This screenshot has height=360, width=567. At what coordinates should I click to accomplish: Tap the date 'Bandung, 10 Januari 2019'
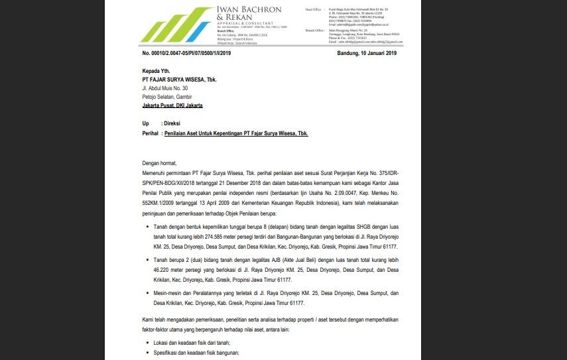(x=366, y=53)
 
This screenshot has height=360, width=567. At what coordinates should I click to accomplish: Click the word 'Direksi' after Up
(x=172, y=124)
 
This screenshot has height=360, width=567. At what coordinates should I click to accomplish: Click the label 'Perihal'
(x=151, y=133)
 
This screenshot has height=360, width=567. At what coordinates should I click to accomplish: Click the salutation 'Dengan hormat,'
(x=160, y=162)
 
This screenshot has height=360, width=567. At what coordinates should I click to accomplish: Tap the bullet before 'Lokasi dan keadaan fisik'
(x=147, y=343)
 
